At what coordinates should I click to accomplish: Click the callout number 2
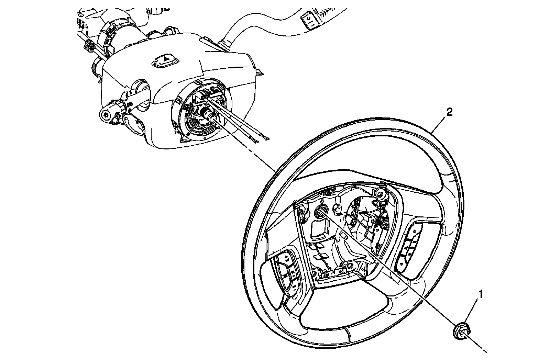click(449, 112)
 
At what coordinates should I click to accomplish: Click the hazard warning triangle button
click(166, 60)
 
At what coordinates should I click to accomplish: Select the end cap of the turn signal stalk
click(107, 115)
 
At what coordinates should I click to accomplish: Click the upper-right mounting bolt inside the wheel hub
click(380, 195)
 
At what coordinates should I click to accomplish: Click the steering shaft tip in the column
click(210, 117)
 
